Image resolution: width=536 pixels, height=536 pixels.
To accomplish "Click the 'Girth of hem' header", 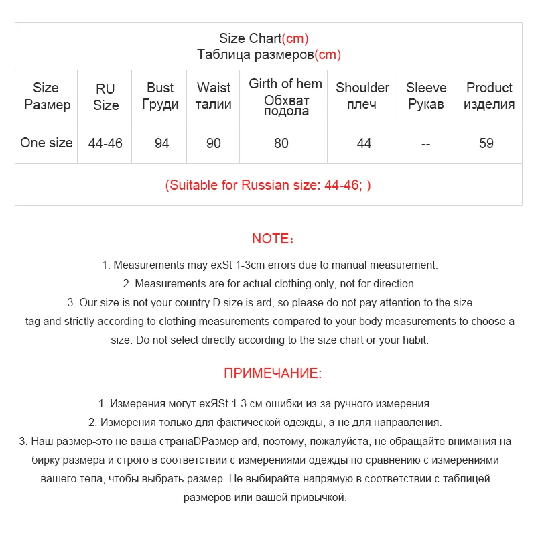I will click(285, 84).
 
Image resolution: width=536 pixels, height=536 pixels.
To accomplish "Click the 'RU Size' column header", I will click(106, 96).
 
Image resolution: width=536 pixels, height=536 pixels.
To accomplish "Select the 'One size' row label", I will click(46, 143).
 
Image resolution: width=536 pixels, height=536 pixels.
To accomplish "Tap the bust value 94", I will click(161, 143).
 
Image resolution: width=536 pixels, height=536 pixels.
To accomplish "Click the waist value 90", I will click(214, 143).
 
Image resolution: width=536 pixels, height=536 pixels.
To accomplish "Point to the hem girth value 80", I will click(281, 143).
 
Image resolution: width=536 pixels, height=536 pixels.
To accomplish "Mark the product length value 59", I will click(486, 143).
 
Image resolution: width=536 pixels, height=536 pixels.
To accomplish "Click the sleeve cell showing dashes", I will click(426, 143).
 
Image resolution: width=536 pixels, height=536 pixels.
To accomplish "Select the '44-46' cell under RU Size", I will click(106, 143).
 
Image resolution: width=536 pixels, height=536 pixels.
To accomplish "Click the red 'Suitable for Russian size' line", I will click(268, 185).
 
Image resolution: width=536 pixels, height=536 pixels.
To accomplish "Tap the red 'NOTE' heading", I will click(273, 239).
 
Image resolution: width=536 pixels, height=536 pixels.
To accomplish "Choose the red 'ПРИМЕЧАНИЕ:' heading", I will click(273, 373).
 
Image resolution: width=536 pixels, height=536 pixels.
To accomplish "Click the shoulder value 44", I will click(364, 143).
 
